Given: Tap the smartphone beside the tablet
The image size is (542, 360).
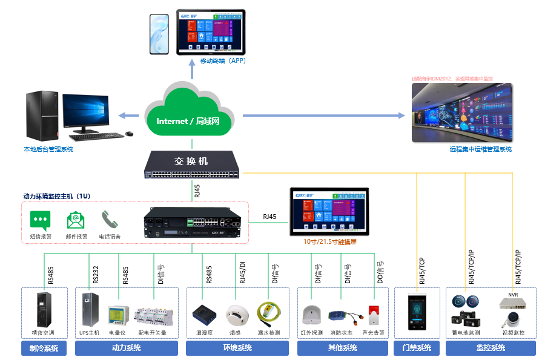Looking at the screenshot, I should (160, 34).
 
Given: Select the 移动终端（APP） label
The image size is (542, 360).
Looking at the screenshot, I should (222, 61).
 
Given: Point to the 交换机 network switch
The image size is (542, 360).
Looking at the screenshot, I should (192, 165).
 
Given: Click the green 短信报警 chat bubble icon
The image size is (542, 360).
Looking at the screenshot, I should (41, 220).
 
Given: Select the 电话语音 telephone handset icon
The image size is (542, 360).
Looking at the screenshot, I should (110, 220).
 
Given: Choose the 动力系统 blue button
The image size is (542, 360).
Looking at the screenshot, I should (126, 348).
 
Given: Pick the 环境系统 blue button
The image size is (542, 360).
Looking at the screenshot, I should (237, 348).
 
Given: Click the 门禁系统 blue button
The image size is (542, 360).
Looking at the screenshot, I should (417, 348).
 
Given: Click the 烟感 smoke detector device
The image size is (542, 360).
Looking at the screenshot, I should (236, 313).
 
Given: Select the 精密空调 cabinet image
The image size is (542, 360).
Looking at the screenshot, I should (42, 309).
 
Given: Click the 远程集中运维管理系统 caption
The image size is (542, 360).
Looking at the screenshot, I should (480, 149).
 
